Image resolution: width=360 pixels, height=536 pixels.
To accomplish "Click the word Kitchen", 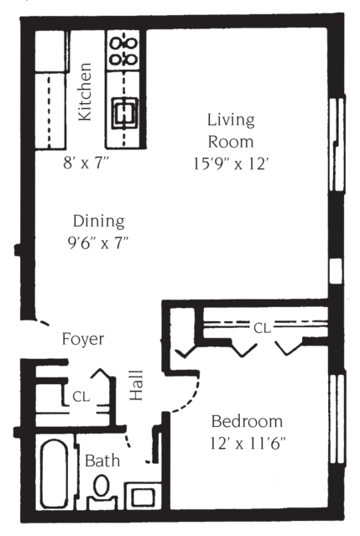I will (85, 92).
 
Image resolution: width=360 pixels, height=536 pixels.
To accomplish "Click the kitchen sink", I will (124, 109).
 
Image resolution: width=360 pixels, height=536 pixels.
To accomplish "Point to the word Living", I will (232, 121).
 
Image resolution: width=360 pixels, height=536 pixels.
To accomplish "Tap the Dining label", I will (98, 222).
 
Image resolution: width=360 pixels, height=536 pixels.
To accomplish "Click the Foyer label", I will (83, 340).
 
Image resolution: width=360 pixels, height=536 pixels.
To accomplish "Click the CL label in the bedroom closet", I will (263, 327).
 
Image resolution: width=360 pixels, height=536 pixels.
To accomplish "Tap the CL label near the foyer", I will (81, 394).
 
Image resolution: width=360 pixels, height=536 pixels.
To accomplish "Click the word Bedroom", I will (247, 421).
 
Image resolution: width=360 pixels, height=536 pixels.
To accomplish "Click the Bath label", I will (102, 461).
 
